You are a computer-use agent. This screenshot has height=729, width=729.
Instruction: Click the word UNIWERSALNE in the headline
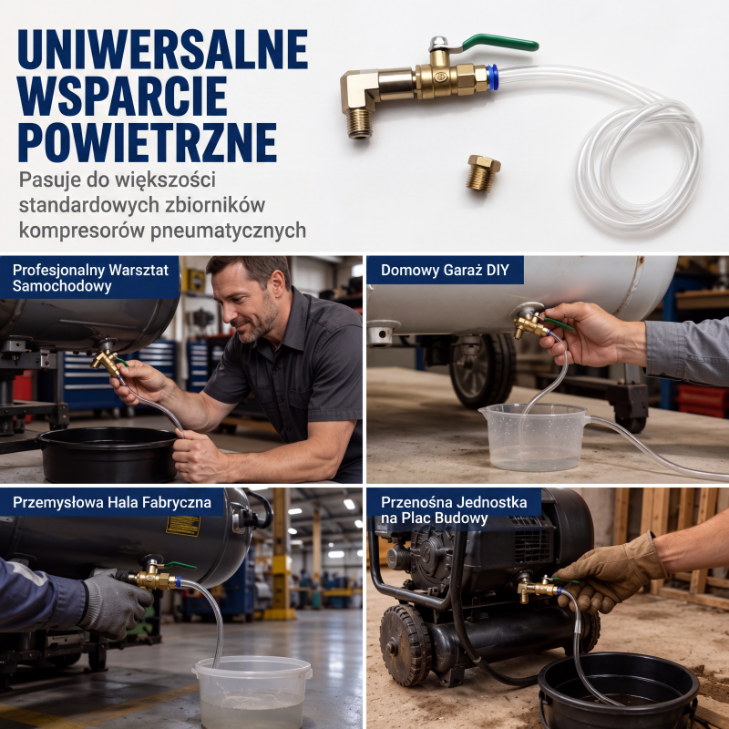tap(163, 49)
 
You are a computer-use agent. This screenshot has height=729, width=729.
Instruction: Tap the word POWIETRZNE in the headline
tap(148, 142)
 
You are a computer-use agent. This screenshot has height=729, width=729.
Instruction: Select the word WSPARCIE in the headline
tap(122, 96)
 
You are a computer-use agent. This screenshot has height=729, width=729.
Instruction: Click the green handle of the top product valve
tap(499, 42)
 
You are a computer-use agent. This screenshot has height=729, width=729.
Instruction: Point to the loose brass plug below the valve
tap(484, 173)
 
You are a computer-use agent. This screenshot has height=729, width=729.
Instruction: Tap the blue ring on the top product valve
tap(492, 77)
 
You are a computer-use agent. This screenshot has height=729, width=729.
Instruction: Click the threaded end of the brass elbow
tap(359, 125)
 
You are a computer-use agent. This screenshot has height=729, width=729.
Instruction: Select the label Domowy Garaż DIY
tap(445, 270)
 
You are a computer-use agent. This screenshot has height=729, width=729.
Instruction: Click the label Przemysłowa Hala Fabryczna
tap(112, 502)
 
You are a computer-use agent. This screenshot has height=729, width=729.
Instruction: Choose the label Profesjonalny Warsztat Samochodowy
tap(90, 278)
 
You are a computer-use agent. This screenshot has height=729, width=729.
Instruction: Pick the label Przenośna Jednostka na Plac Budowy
tap(454, 510)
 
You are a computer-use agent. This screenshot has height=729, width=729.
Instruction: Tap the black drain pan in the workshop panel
tap(108, 455)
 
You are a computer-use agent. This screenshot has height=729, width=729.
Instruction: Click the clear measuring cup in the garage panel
tap(534, 437)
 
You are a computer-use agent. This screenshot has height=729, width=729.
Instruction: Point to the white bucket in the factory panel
tap(252, 692)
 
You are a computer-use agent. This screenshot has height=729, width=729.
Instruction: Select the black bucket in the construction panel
tap(619, 691)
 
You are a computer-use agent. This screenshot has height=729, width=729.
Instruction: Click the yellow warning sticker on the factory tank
tap(183, 526)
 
